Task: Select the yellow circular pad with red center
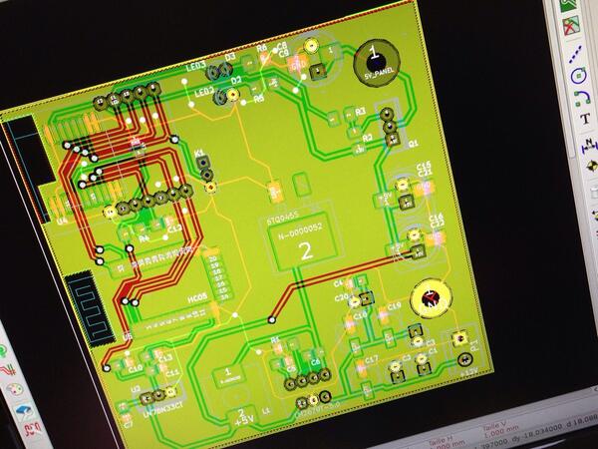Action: click(432, 296)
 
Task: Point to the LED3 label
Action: click(196, 68)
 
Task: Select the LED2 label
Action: click(204, 93)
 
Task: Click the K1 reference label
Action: click(201, 155)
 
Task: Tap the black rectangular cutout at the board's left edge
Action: click(22, 170)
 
